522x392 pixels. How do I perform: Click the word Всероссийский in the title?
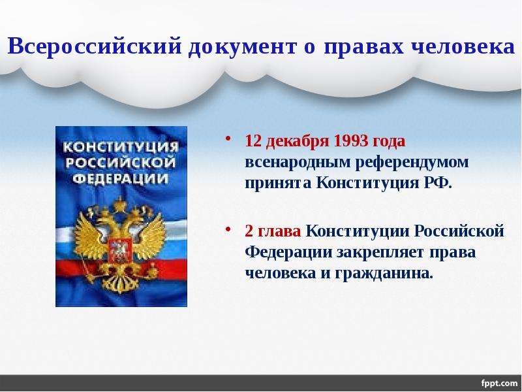pos(95,46)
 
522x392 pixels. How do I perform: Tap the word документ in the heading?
pos(242,47)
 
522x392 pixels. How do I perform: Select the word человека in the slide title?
pos(463,46)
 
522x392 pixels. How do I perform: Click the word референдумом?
pos(412,163)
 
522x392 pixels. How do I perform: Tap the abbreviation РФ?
pos(438,183)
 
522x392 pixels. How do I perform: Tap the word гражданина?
pos(384,274)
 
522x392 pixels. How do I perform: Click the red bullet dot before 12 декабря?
pos(228,139)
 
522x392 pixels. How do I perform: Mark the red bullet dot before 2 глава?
pos(228,229)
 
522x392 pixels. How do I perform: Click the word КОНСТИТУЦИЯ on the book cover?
pos(121,146)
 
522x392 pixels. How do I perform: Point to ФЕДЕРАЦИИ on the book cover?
pos(121,179)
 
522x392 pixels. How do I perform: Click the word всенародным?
pos(298,163)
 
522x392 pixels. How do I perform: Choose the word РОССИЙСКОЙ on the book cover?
pos(121,163)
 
